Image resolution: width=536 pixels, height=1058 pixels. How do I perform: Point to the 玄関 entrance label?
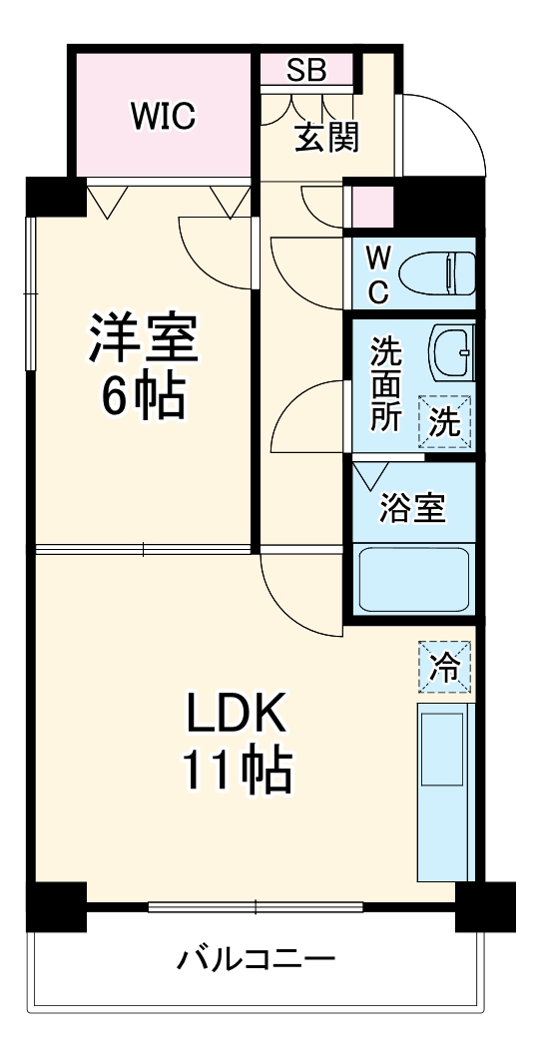pyautogui.click(x=325, y=137)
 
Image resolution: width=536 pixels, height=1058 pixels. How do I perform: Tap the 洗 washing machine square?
pyautogui.click(x=445, y=422)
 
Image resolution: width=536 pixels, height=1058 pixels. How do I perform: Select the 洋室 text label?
pyautogui.click(x=143, y=339)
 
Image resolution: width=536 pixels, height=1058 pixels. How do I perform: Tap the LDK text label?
pyautogui.click(x=237, y=715)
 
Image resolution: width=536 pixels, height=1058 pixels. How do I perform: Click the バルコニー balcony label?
pyautogui.click(x=256, y=961)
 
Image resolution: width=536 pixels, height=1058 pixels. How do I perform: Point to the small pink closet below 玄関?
pyautogui.click(x=369, y=205)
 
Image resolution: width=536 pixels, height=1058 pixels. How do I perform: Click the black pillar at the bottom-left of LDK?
pyautogui.click(x=55, y=906)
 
